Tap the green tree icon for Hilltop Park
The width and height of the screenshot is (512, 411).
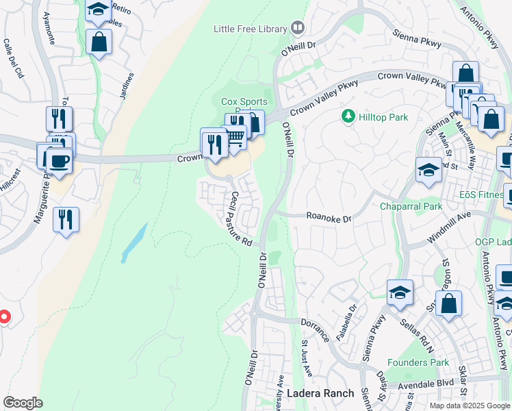[x=348, y=117]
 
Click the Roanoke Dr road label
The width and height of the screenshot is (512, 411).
[x=329, y=218]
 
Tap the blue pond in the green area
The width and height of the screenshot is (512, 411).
[x=134, y=242]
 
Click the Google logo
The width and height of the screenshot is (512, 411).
[x=23, y=403]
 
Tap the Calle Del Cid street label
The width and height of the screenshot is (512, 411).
[x=13, y=58]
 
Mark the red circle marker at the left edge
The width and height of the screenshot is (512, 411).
[x=3, y=316]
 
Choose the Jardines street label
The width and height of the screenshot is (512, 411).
[x=126, y=86]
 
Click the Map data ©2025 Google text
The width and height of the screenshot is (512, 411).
[x=469, y=406]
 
